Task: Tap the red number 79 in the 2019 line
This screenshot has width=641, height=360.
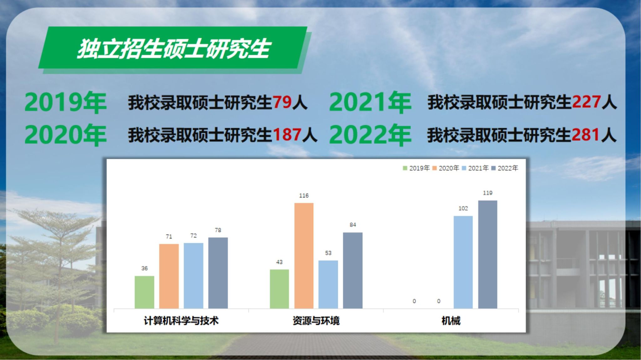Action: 282,102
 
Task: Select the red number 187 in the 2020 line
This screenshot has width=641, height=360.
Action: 287,135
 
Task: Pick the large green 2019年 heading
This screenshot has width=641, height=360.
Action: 65,102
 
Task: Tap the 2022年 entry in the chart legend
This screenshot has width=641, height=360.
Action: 505,168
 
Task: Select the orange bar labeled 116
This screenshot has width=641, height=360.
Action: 304,256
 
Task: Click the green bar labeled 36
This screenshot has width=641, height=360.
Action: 144,292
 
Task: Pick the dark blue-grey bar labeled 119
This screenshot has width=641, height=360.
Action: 488,254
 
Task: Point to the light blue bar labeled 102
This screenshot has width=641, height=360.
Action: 463,262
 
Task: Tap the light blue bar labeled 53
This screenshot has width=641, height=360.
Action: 328,284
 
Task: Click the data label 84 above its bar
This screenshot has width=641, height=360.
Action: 353,225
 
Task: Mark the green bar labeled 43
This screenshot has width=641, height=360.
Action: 279,289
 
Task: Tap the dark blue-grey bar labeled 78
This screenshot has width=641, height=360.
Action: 218,273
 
